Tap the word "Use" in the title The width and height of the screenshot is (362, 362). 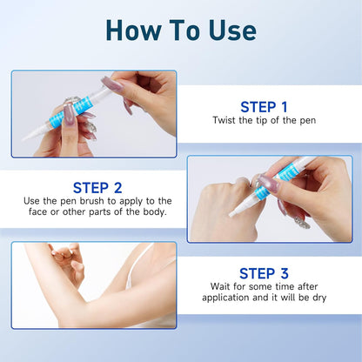tap(232, 30)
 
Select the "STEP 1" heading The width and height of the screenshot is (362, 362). tap(264, 107)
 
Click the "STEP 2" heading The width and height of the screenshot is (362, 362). tap(97, 188)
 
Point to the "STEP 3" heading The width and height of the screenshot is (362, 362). tap(264, 273)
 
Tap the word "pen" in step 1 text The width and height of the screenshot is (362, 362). tap(308, 121)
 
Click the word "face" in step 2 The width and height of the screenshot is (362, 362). tap(38, 211)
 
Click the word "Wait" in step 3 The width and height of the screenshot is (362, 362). tap(220, 286)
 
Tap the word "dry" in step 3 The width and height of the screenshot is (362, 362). tap(319, 298)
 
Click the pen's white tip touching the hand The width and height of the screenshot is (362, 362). tap(232, 214)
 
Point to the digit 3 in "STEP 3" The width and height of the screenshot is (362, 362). tap(285, 273)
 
